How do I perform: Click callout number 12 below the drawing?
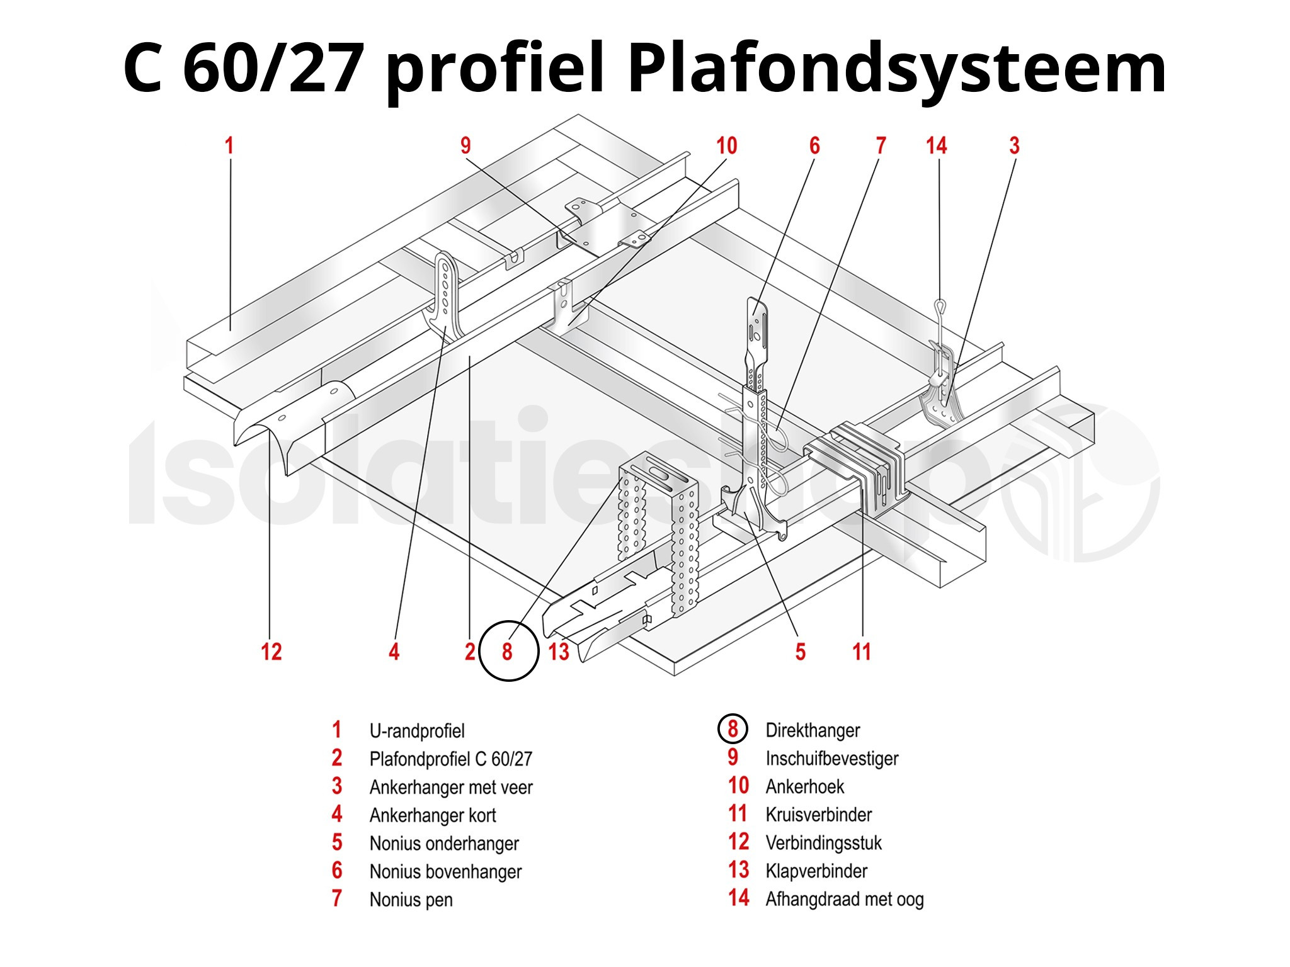271,651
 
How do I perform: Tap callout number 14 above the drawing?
936,146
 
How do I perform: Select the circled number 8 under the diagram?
508,651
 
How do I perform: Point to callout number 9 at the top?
465,146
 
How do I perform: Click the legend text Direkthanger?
813,730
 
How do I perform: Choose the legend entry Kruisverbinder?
818,815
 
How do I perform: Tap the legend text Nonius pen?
411,900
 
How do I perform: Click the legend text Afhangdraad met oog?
844,899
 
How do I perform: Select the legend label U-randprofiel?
417,731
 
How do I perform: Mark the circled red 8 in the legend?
733,730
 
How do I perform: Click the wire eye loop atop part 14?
940,307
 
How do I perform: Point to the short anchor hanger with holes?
445,290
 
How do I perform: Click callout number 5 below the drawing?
800,652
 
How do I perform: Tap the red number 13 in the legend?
738,871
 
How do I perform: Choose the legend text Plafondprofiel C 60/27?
450,759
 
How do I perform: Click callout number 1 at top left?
229,146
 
